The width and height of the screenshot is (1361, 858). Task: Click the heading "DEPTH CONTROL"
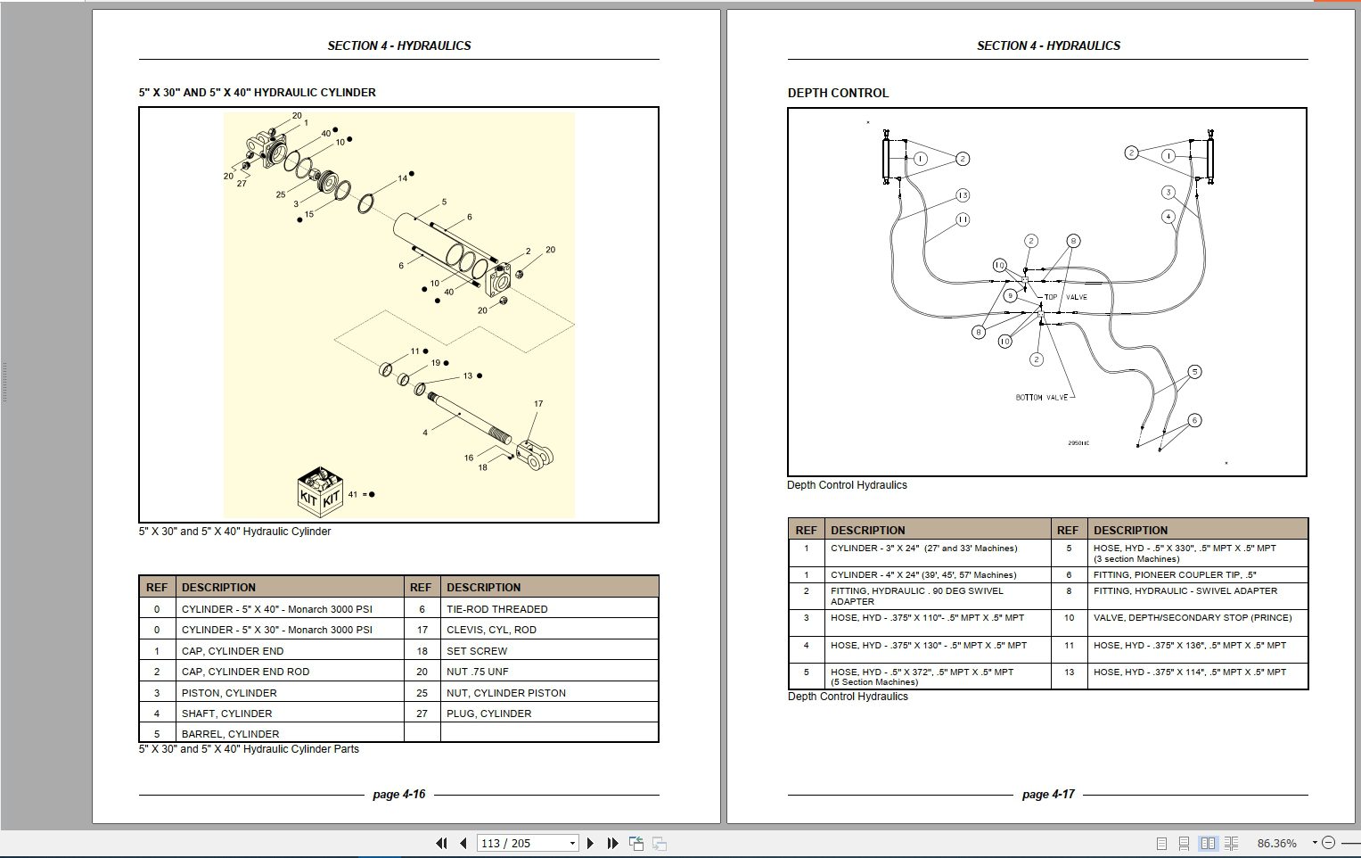click(837, 93)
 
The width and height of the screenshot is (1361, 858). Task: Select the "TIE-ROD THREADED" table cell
click(496, 609)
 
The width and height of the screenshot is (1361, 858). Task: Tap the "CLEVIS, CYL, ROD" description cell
click(491, 630)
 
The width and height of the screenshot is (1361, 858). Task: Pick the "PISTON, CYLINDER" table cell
click(229, 693)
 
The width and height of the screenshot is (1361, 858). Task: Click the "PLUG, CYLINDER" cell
click(488, 714)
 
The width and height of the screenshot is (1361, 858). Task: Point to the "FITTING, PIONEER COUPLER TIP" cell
click(1174, 575)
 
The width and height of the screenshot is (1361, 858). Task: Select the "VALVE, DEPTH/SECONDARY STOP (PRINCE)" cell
click(1192, 617)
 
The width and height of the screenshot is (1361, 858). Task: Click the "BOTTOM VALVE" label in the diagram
click(1041, 398)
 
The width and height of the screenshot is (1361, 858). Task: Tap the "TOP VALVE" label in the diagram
click(1065, 297)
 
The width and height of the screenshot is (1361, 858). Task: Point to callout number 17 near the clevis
click(538, 404)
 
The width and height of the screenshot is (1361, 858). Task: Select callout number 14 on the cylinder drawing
click(403, 178)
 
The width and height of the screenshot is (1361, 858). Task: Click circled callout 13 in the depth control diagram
click(963, 195)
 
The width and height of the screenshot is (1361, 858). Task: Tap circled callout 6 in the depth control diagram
click(1194, 420)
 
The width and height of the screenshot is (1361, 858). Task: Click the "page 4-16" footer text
click(398, 794)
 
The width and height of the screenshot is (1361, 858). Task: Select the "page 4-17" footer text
click(1048, 794)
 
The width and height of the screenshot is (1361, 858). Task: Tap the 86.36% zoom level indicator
click(1276, 843)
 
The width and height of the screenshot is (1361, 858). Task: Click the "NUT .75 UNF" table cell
click(477, 672)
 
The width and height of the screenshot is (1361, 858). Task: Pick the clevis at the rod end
click(537, 456)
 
